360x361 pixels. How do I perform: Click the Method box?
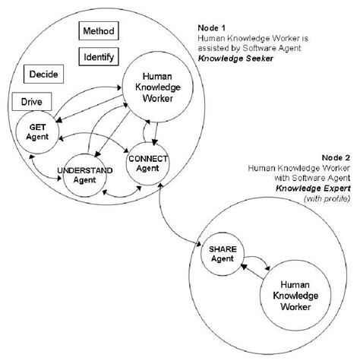[99, 32]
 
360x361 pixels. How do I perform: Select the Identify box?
[99, 57]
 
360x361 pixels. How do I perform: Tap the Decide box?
[43, 75]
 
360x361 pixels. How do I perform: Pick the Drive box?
[31, 101]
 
